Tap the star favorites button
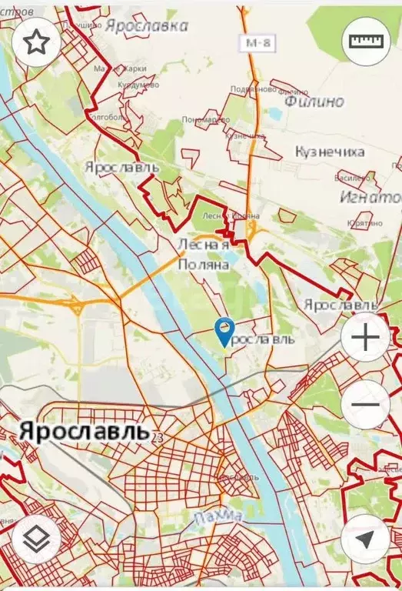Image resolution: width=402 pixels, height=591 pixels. click(36, 43)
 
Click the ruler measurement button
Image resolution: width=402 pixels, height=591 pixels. click(365, 41)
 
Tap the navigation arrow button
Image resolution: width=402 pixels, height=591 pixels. click(365, 538)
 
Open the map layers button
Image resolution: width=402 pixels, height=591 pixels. click(36, 538)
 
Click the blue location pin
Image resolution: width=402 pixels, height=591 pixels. click(224, 332)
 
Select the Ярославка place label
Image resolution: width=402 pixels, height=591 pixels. click(147, 25)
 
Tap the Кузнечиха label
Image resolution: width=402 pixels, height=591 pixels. click(330, 152)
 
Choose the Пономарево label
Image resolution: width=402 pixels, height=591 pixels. click(205, 120)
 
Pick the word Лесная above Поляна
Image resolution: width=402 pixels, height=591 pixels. click(203, 245)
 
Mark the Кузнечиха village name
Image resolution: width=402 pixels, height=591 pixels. click(330, 152)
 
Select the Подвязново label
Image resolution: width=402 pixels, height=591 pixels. click(253, 88)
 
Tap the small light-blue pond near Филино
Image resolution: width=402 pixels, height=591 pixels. click(274, 113)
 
